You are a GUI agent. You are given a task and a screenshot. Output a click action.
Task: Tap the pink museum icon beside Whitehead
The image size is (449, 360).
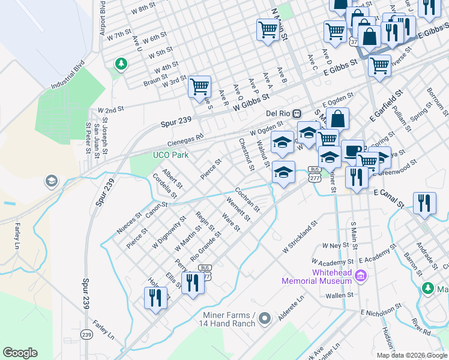(x=360, y=276)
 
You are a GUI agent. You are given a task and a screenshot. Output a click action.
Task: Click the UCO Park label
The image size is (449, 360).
(x=170, y=155)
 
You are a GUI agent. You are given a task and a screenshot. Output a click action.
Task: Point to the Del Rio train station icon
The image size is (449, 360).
(x=297, y=113)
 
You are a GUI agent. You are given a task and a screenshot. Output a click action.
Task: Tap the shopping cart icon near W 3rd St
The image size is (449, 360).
(x=199, y=86)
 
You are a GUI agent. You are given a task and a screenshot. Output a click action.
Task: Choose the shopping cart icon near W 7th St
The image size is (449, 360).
(x=267, y=29)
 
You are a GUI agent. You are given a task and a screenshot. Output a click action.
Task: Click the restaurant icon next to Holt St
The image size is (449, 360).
(x=155, y=297)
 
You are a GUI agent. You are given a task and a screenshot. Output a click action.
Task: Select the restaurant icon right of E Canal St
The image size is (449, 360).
(x=424, y=202)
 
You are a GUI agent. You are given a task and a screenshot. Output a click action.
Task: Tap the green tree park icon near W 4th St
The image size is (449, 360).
(x=121, y=64)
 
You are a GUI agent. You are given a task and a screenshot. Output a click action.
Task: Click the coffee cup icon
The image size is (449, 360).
(x=352, y=150)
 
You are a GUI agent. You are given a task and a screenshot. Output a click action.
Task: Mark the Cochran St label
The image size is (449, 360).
(x=247, y=200)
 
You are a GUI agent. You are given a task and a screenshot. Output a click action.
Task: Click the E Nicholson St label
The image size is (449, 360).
(x=379, y=313)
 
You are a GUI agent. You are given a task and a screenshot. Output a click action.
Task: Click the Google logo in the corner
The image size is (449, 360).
(x=20, y=353)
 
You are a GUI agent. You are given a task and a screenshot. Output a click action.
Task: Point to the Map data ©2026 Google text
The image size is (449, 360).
(x=411, y=355)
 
